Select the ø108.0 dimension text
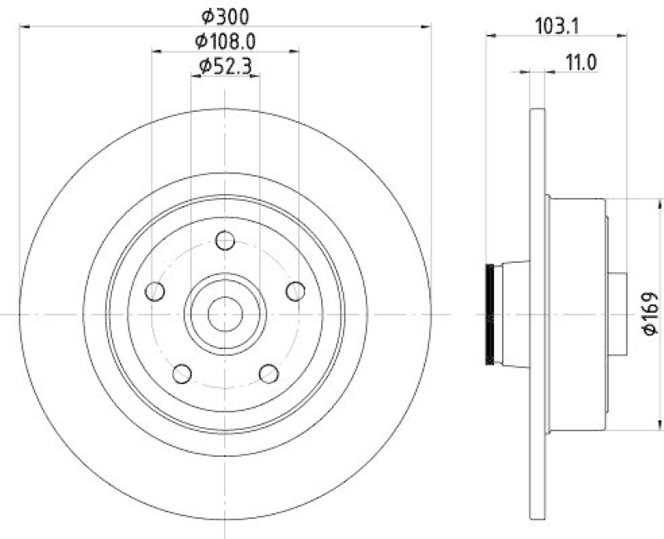[225, 40]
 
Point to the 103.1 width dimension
[556, 26]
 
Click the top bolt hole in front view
[225, 240]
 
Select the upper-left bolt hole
[154, 291]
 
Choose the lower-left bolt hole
[182, 373]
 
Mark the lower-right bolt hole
[268, 373]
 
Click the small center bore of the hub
[225, 313]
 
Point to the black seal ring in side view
[490, 314]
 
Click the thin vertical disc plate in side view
[537, 314]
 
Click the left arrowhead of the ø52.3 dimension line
[195, 75]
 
